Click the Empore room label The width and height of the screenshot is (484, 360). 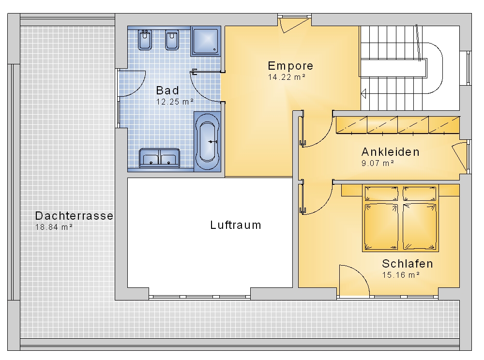pos(290,66)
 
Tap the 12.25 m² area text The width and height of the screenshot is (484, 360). pos(175,102)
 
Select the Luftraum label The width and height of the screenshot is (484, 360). pos(236,225)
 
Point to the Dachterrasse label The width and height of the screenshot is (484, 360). pos(74,216)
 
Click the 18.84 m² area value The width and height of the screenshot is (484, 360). pos(54,227)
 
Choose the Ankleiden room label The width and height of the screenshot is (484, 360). pos(391,152)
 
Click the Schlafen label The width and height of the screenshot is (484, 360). pos(408,263)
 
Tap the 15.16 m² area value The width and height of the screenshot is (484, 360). pos(401,274)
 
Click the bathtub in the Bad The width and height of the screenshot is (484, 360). pos(207,142)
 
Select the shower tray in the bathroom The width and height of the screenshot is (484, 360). pos(206,41)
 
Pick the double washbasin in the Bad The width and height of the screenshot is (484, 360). pos(159,158)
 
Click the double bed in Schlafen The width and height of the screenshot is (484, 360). pos(401,218)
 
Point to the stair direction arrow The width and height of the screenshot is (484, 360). pos(363,93)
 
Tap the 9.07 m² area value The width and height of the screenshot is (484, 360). pos(378,163)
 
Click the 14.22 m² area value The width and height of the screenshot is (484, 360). pos(287,77)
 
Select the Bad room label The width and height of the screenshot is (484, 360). pos(167,90)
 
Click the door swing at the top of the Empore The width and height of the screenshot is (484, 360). pos(293,25)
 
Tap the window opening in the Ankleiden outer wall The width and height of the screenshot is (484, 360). pos(469,156)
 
